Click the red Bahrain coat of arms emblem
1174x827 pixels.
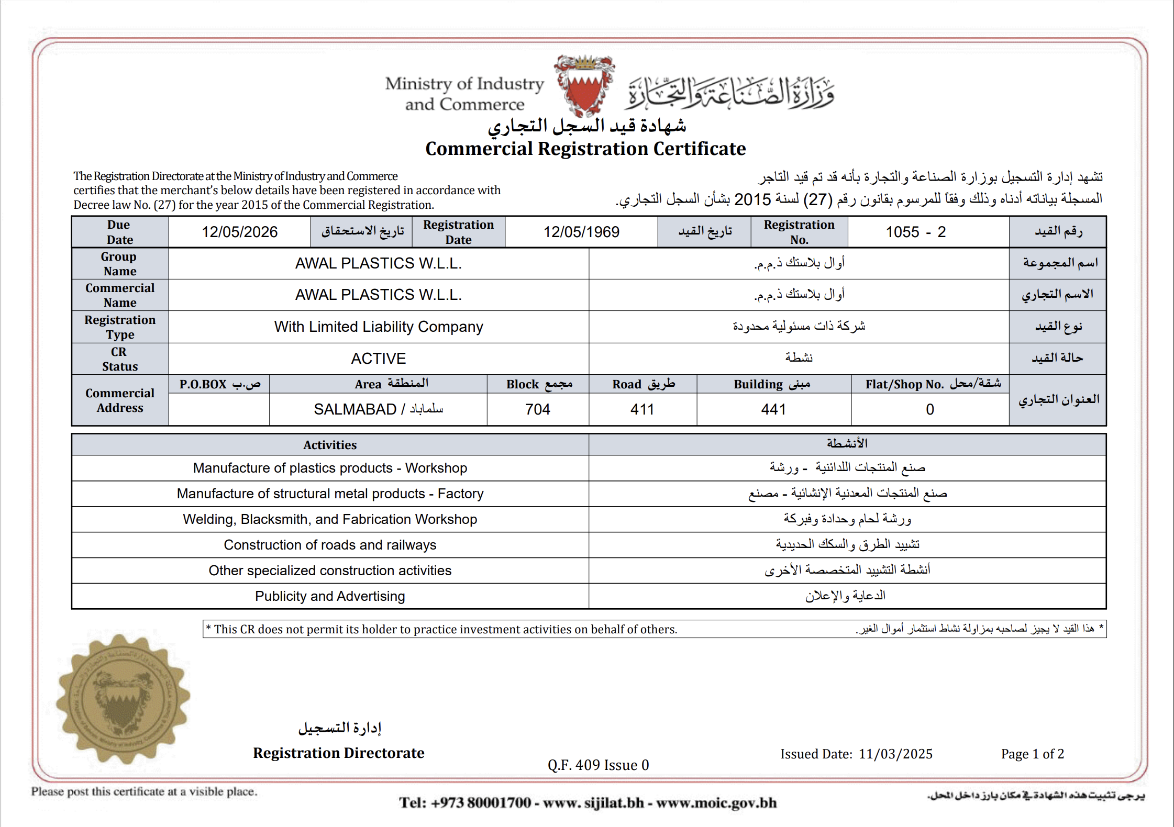584,86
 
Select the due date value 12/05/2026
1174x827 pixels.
240,232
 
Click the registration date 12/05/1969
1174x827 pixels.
581,232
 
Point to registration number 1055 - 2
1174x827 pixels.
915,232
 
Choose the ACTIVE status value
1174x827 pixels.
378,359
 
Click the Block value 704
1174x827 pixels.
538,409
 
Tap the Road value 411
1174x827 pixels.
642,409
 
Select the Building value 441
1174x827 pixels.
773,409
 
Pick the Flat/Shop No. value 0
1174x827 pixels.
929,409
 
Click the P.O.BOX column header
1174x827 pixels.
219,384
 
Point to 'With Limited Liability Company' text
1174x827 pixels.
378,327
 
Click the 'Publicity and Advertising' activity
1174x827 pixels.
330,596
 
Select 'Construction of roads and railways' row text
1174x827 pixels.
330,545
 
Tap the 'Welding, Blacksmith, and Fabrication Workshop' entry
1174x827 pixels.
330,519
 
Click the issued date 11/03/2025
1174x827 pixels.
895,754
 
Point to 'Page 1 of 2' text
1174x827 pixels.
1032,754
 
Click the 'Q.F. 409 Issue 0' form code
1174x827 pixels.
598,765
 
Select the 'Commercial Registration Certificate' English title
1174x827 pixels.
585,149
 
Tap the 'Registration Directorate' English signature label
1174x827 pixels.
339,753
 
